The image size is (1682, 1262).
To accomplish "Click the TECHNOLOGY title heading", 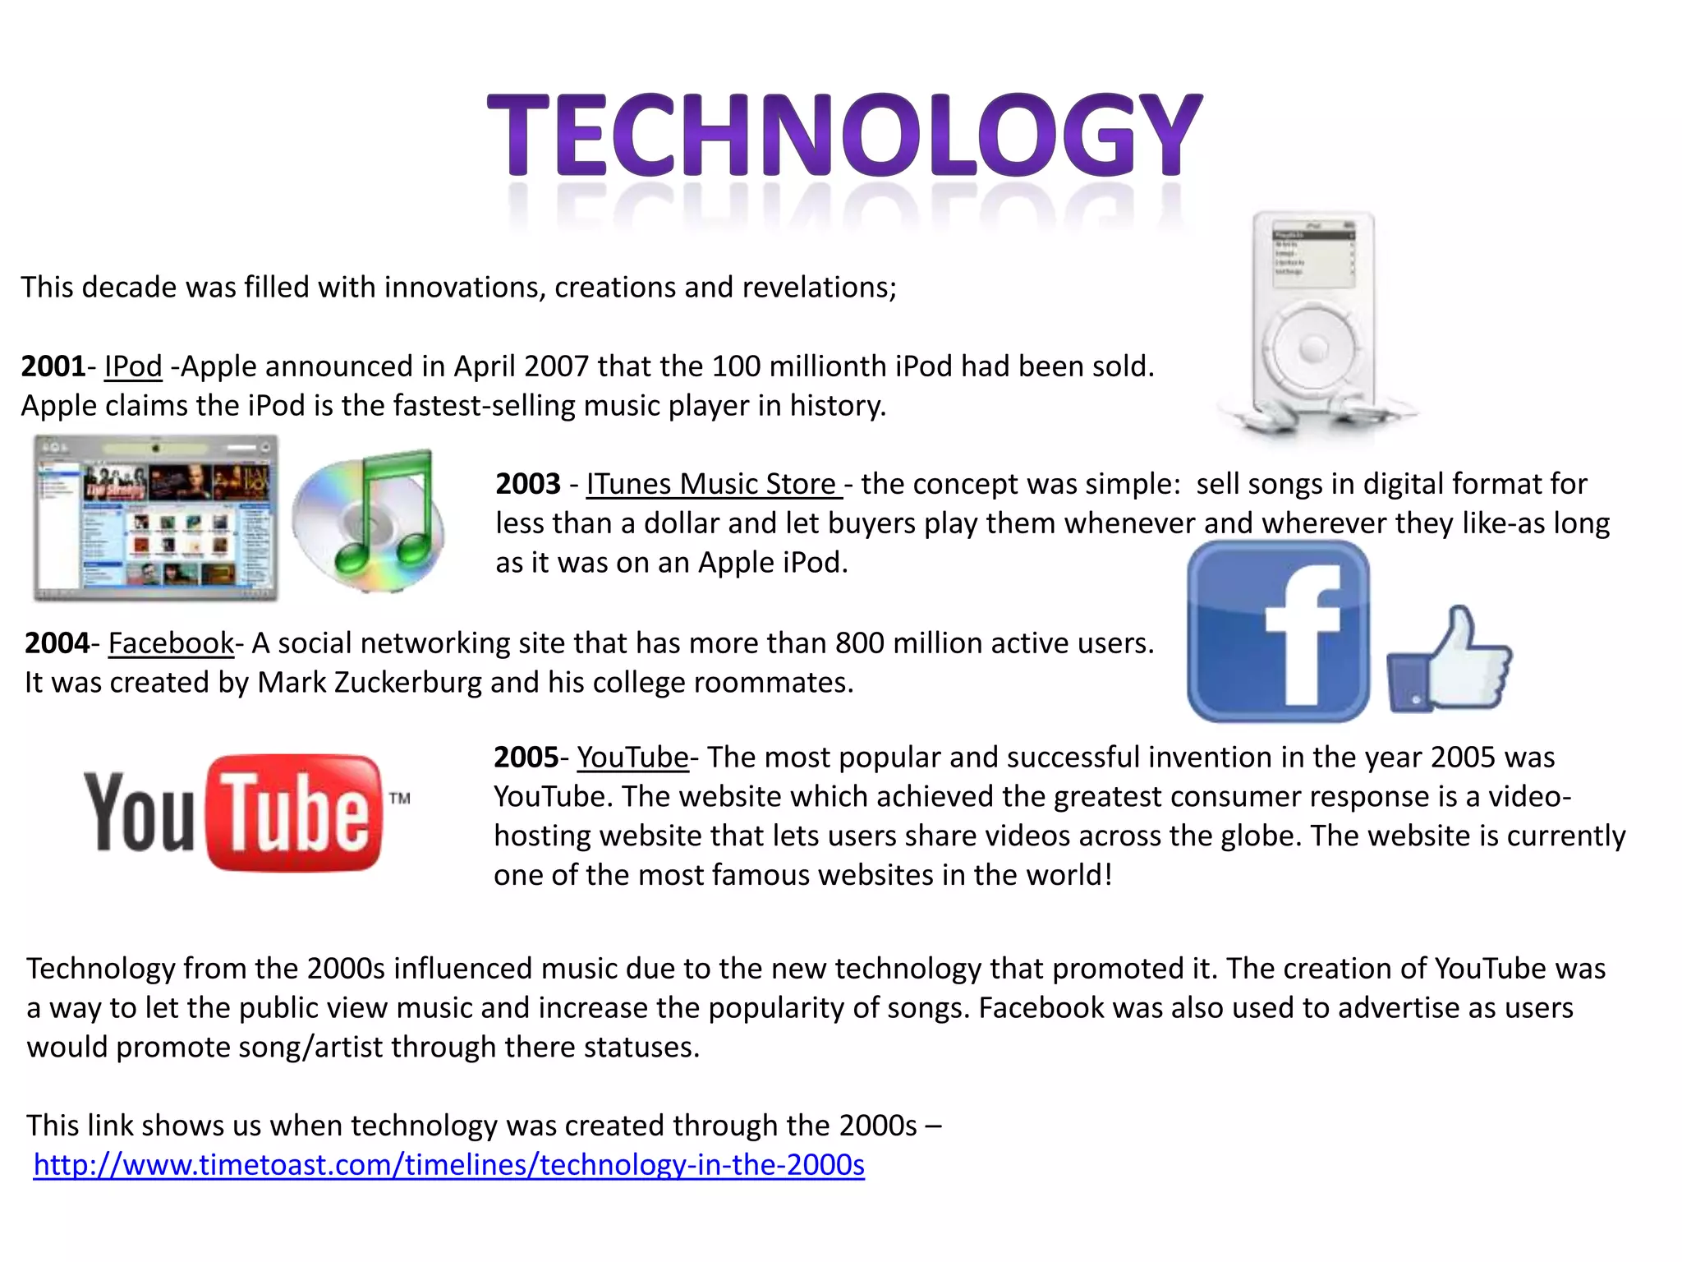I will tap(844, 136).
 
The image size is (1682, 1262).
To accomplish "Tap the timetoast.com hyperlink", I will tap(448, 1165).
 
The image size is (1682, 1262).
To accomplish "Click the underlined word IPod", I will tap(133, 366).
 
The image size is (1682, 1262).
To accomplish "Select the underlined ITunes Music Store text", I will tap(713, 484).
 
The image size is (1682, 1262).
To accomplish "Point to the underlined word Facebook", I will tap(171, 643).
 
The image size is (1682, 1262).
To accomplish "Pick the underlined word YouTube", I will tap(632, 758).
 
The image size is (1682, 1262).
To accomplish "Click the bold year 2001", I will tap(53, 366).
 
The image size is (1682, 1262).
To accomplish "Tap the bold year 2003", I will tap(528, 484).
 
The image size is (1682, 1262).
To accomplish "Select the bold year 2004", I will tap(57, 643).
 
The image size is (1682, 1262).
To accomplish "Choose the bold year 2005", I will tap(526, 758).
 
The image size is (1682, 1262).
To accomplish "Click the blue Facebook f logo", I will tap(1278, 631).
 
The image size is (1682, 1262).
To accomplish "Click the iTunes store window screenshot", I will tap(155, 519).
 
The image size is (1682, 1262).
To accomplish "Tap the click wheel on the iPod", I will tap(1312, 349).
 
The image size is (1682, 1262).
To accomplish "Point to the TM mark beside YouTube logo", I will tap(399, 798).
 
